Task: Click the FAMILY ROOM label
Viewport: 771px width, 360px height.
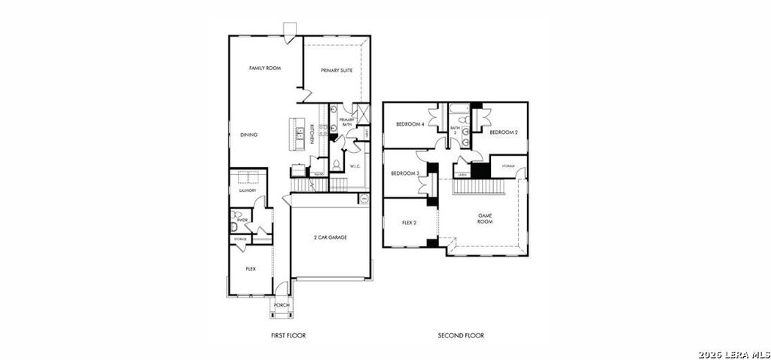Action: [264, 69]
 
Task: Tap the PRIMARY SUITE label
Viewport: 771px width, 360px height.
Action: [337, 70]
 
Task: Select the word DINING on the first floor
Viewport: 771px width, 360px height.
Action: [248, 135]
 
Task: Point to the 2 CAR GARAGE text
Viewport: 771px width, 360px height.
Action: [331, 237]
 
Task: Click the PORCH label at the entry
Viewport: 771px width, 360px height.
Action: [282, 305]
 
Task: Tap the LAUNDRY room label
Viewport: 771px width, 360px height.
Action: [248, 191]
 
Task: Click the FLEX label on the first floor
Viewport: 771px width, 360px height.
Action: [251, 268]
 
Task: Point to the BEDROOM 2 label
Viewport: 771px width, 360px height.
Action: [504, 132]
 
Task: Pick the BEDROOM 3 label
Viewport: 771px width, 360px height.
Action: [404, 174]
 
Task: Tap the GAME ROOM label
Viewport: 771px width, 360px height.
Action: [485, 218]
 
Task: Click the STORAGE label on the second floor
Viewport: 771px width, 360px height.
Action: [508, 166]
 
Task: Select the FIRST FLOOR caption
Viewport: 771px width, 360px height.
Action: [288, 335]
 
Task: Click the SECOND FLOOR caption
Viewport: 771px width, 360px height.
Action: [461, 335]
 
